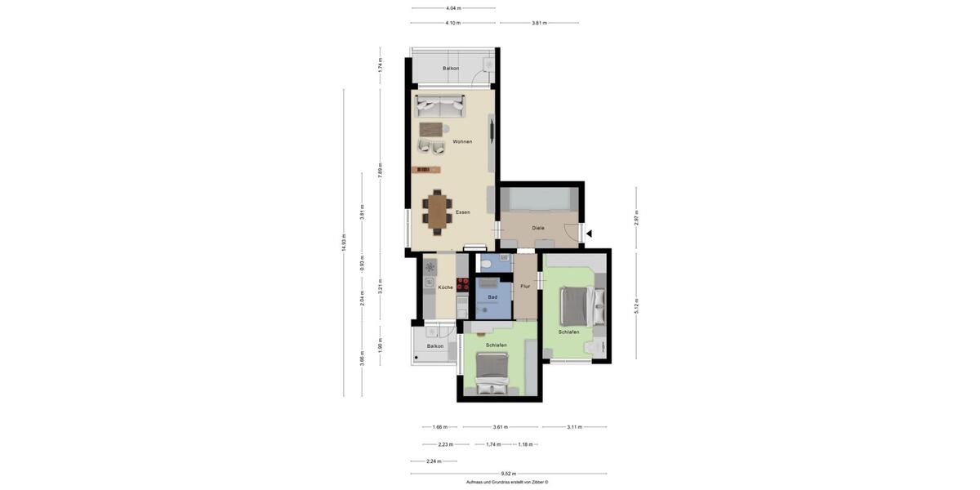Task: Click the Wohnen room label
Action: point(462,141)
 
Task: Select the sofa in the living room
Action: point(440,105)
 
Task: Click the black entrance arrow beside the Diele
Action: point(589,234)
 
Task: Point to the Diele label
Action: point(537,228)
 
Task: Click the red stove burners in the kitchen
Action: point(462,285)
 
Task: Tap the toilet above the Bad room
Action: point(487,263)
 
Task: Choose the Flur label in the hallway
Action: point(525,286)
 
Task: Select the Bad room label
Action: point(492,297)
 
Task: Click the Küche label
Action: point(445,287)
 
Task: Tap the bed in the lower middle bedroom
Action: point(492,375)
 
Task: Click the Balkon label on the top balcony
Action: point(450,68)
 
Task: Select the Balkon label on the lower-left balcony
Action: point(434,345)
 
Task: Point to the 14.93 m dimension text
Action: point(344,243)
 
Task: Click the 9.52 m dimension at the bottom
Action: point(507,474)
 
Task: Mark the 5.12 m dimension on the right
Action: point(636,305)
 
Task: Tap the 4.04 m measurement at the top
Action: point(452,8)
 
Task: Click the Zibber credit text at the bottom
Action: point(506,483)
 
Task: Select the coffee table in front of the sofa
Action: point(432,128)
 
